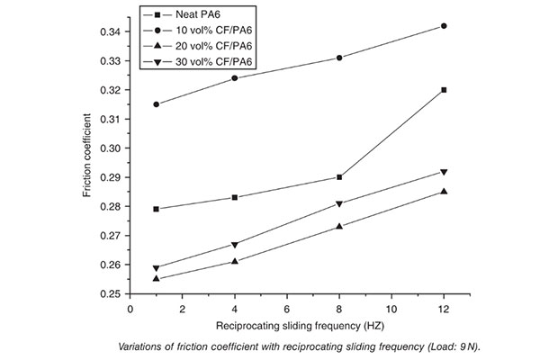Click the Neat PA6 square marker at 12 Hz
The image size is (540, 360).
pyautogui.click(x=444, y=90)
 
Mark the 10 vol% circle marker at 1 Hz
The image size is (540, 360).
pyautogui.click(x=157, y=104)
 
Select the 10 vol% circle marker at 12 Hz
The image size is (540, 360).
pyautogui.click(x=444, y=26)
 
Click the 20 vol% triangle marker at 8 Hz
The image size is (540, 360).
pyautogui.click(x=339, y=226)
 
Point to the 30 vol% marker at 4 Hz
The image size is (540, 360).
pyautogui.click(x=235, y=245)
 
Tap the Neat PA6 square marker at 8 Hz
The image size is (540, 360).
pyautogui.click(x=339, y=177)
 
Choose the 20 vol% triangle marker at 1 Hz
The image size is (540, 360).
pyautogui.click(x=157, y=278)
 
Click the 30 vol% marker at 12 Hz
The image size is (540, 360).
pyautogui.click(x=444, y=172)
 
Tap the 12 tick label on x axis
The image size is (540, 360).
pyautogui.click(x=444, y=308)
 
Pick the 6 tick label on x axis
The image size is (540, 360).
pyautogui.click(x=287, y=308)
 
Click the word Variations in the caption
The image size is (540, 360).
pyautogui.click(x=146, y=346)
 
